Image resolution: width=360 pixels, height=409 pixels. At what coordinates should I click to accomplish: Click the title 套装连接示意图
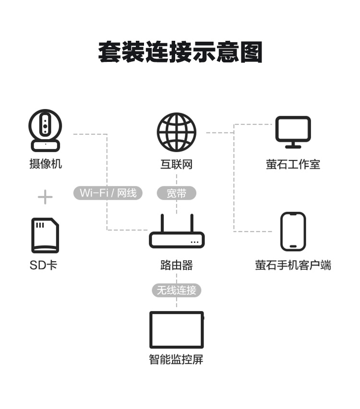coord(180,52)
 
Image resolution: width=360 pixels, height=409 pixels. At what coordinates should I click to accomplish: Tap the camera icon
coord(45,131)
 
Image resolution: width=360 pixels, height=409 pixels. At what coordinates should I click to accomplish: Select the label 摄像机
coord(46,164)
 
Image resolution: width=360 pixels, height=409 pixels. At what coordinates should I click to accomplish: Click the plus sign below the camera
coord(45,197)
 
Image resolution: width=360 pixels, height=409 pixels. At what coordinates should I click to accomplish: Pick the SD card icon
coord(45,235)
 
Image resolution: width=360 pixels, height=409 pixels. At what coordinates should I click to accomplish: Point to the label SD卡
coord(43,265)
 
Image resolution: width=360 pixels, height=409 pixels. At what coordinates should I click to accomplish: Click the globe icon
coord(176,132)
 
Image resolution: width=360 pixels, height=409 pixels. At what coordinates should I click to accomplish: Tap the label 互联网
coord(176,164)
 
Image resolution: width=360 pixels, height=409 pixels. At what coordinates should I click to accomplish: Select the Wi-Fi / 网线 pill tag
coord(108,193)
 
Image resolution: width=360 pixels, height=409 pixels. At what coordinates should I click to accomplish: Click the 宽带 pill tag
coord(176,193)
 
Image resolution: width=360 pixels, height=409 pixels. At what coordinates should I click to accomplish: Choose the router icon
coord(177,231)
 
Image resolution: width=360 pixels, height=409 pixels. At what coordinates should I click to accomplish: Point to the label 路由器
coord(177,265)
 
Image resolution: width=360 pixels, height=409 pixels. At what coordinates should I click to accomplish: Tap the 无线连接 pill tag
coord(177,290)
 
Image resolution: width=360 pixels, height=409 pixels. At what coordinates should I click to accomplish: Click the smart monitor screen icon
coord(177,330)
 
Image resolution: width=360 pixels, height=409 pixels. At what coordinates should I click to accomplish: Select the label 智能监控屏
coord(176,359)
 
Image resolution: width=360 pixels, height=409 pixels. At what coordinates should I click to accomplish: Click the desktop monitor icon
coord(293,132)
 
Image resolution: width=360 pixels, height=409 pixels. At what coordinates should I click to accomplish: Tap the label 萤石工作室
coord(293,164)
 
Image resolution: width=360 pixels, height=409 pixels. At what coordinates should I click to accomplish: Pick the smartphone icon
coord(293,231)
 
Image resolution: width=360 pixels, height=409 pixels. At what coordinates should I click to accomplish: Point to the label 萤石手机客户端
coord(293,265)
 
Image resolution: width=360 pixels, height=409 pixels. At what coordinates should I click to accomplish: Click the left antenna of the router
coord(162,223)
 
